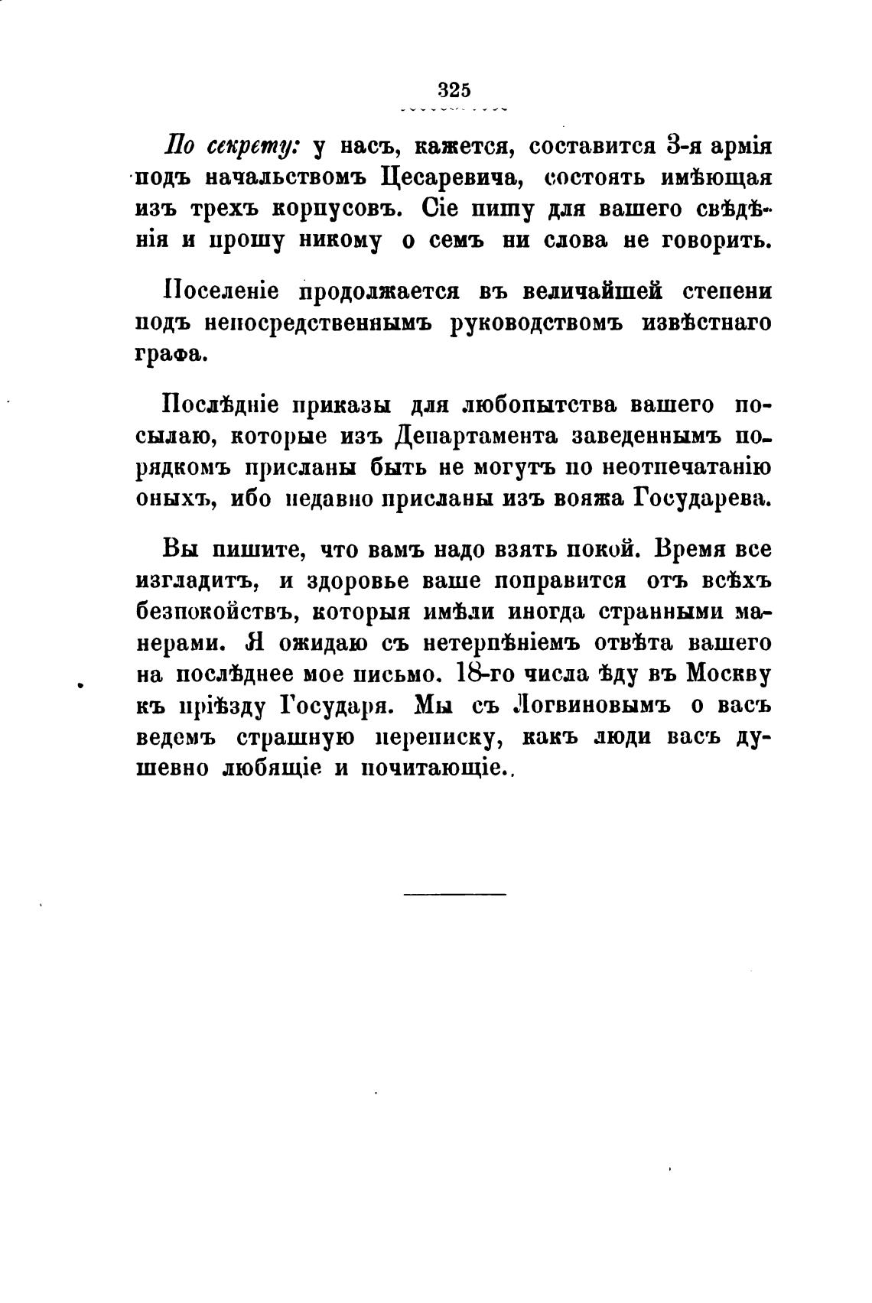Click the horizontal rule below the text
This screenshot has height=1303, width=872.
[x=454, y=893]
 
